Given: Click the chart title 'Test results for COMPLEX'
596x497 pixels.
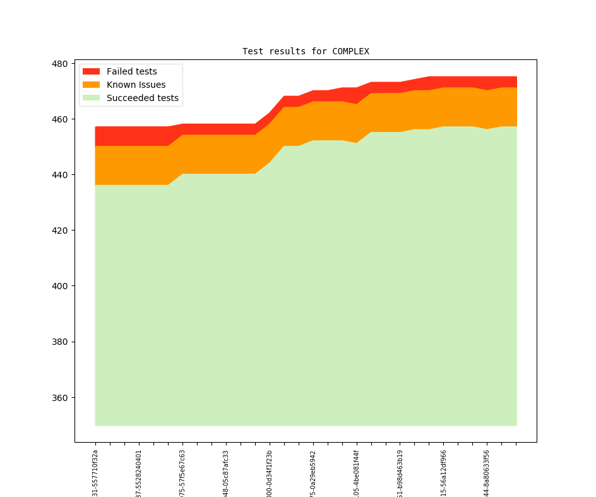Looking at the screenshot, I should coord(306,51).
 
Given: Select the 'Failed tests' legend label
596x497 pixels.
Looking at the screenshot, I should coord(131,71).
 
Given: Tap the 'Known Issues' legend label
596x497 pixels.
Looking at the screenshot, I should coord(136,85).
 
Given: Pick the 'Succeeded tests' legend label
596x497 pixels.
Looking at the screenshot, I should coord(142,98).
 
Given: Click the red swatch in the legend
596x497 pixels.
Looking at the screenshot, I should coord(92,71).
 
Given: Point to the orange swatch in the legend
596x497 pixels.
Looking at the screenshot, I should coord(92,85).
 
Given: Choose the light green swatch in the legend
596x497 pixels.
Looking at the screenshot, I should coord(92,98).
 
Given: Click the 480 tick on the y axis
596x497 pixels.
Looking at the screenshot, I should coord(60,64).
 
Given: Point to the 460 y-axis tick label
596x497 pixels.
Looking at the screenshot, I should coord(60,119).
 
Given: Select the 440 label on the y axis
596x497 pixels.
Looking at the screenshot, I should coord(60,175).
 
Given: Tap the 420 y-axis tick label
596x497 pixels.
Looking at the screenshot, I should coord(60,231).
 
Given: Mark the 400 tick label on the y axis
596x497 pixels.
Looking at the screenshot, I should coord(60,286).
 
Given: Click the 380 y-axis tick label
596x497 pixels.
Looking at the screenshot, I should coord(60,342).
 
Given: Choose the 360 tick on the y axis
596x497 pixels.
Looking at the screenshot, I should coord(60,398).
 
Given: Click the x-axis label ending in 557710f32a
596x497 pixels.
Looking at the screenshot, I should coord(95,472).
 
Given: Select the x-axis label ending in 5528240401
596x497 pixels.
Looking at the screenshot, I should coord(139,472).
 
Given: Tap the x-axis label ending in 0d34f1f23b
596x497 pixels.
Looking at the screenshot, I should coord(270,472).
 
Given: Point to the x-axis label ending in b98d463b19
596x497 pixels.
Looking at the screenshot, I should coord(400,472).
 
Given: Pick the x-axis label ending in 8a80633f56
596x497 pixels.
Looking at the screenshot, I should coord(487,472).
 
